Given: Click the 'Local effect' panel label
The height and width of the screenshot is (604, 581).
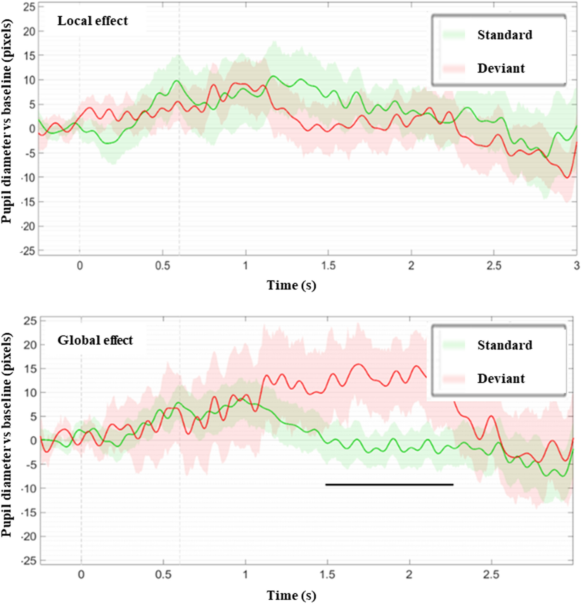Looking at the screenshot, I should [x=92, y=21].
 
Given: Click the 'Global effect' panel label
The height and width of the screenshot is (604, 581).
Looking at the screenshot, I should [x=95, y=340].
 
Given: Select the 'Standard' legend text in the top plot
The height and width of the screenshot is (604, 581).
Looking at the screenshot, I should [x=505, y=35].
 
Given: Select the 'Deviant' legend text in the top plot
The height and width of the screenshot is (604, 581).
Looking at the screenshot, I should [x=501, y=68].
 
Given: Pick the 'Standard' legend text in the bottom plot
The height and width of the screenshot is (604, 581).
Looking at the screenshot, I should [x=505, y=345].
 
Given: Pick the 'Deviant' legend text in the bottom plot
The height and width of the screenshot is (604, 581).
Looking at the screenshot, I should [x=501, y=378].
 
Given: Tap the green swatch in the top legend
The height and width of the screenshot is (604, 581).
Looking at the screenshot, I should [x=454, y=35].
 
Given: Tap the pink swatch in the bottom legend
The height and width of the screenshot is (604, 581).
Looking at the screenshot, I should [x=454, y=379].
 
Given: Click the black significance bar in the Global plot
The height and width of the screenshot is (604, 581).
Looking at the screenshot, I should [x=389, y=484].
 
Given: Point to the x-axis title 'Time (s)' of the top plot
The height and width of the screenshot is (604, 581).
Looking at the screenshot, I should [x=291, y=285].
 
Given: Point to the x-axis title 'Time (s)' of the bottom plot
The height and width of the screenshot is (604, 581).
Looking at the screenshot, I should [x=291, y=595].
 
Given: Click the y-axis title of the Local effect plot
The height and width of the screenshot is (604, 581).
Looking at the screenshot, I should [x=7, y=121].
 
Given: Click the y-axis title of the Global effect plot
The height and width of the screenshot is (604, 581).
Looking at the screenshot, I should [x=7, y=435].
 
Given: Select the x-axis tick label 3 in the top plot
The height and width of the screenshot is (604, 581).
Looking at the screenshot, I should [x=576, y=266].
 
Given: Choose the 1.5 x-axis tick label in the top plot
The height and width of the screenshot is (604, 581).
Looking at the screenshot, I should [x=328, y=266].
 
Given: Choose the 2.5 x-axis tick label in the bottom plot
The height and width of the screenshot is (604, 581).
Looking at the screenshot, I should [x=491, y=575].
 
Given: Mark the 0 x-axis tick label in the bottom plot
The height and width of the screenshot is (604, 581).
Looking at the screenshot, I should [x=81, y=575].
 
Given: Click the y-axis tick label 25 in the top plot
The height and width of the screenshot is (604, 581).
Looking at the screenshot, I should [x=29, y=7].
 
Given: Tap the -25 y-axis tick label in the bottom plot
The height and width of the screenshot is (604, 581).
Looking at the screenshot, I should [x=28, y=561].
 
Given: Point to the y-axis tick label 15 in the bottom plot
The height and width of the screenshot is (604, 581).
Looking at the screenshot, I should [x=29, y=369].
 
